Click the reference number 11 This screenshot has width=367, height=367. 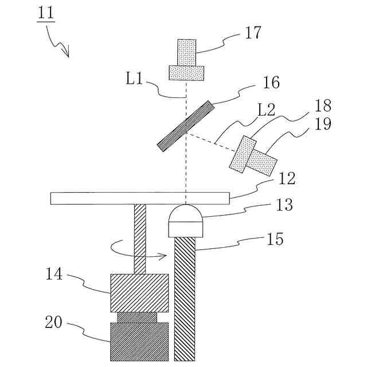coord(46,14)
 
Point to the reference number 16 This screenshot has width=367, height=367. coord(271,83)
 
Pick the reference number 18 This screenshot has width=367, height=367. coord(323,106)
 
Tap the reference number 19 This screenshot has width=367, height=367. coord(323,124)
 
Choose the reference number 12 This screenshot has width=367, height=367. coord(287,178)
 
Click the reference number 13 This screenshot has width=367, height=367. coord(284,205)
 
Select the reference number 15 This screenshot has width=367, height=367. coord(275,239)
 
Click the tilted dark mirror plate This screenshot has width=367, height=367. coord(186,126)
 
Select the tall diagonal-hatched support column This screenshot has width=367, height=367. coord(185,298)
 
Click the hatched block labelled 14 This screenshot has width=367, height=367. coord(139,292)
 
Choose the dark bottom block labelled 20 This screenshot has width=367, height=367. coord(139,341)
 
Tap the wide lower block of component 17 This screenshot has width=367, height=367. coord(186,73)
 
